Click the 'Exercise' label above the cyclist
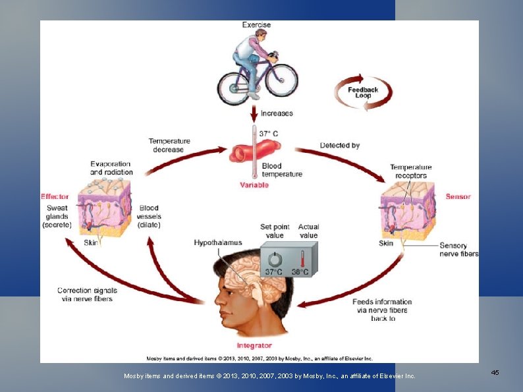coord(256,25)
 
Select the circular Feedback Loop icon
coord(363,93)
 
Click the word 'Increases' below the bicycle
coord(277,113)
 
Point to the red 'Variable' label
coord(254,185)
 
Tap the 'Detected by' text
coord(340,145)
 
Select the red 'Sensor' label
coord(458,196)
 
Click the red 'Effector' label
coord(55,196)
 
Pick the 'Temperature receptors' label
coord(410,171)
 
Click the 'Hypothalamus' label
coord(218,243)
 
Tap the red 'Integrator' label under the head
coord(254,345)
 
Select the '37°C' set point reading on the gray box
coord(273,271)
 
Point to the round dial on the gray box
coord(274,258)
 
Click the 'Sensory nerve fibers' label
coord(459,250)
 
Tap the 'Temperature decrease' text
coord(169,145)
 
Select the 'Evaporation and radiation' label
coord(111,168)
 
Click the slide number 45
coord(495,373)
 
